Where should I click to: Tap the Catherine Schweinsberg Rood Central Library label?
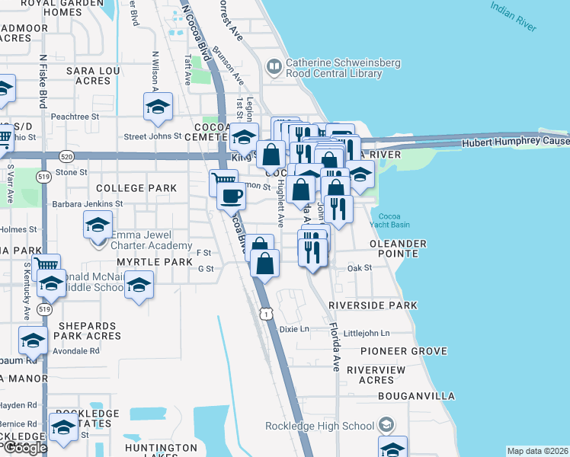333,69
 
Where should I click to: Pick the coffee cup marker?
232,195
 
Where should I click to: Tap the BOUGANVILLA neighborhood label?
416,396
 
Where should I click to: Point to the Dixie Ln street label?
293,330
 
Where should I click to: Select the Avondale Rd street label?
75,351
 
